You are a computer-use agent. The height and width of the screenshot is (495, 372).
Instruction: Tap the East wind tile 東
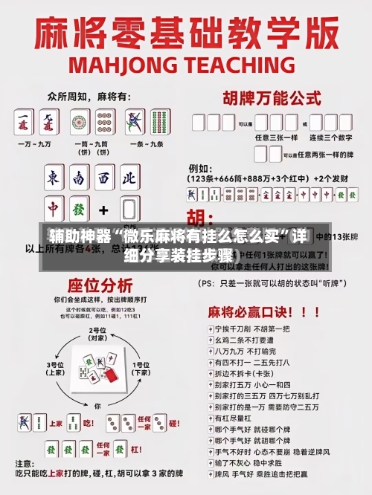pos(54,178)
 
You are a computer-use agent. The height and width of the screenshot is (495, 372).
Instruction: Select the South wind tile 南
pos(80,178)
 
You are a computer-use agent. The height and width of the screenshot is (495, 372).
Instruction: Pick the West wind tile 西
pos(105,178)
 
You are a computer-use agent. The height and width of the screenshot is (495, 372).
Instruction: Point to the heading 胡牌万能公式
pos(267,97)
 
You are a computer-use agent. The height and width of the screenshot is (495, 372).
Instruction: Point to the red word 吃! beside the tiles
pos(88,423)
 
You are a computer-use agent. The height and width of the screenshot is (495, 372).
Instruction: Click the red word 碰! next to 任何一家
pos(173,423)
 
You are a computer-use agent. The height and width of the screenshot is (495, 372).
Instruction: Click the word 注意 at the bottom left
pos(35,464)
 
